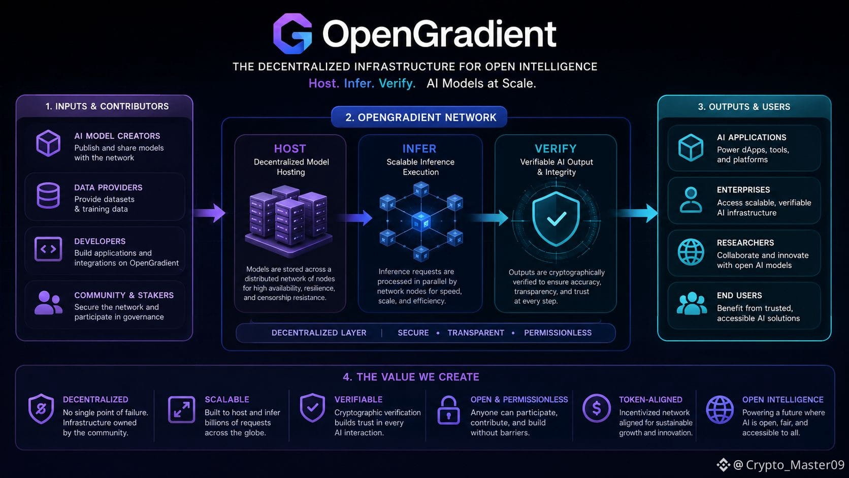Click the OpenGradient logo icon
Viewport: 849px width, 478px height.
[292, 34]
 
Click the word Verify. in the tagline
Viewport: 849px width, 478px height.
[397, 83]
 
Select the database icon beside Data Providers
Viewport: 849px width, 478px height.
[48, 196]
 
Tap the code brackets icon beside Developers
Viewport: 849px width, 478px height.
[48, 249]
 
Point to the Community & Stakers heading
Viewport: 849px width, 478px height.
[124, 295]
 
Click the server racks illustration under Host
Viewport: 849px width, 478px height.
[289, 220]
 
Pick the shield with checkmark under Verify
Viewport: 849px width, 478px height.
[556, 219]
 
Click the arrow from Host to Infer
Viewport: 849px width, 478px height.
[355, 217]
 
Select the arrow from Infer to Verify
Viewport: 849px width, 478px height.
[489, 217]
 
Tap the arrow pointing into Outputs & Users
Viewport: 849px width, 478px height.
[637, 213]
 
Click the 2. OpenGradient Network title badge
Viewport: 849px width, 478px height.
[419, 117]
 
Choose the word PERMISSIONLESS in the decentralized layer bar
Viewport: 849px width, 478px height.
[558, 333]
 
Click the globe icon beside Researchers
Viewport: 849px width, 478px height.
[691, 252]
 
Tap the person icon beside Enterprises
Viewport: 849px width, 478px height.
[691, 200]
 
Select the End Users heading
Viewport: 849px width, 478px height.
[739, 295]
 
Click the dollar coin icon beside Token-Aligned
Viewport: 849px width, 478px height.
[596, 408]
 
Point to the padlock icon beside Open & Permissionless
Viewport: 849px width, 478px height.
[448, 410]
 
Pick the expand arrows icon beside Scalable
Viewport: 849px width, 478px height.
[182, 409]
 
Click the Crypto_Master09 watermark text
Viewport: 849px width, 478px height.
[795, 465]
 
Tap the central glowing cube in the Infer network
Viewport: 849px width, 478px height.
[421, 221]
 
